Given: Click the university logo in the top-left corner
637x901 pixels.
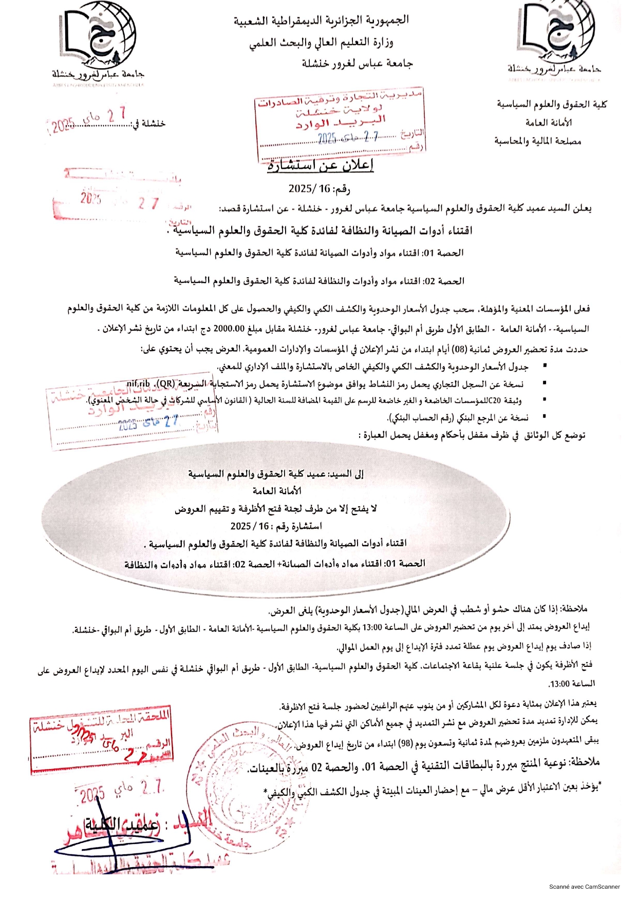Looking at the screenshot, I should pos(98,39).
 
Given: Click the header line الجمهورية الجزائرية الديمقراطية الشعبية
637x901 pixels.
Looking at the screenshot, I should pos(321,20).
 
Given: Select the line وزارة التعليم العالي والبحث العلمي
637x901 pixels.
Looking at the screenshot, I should pos(321,42).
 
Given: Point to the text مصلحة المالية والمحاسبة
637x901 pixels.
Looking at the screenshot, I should pos(538,141).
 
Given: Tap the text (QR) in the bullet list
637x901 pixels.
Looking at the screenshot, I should pos(166,384).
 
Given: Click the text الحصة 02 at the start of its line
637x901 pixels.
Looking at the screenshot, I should pos(444,281).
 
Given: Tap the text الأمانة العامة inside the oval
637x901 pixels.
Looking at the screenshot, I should pos(276,491).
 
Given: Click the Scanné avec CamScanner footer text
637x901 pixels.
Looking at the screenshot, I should pos(584,887).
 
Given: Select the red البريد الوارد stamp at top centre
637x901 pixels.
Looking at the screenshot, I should pos(339,123).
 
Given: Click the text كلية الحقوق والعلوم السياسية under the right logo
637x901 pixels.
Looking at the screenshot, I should pos(551,104).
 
